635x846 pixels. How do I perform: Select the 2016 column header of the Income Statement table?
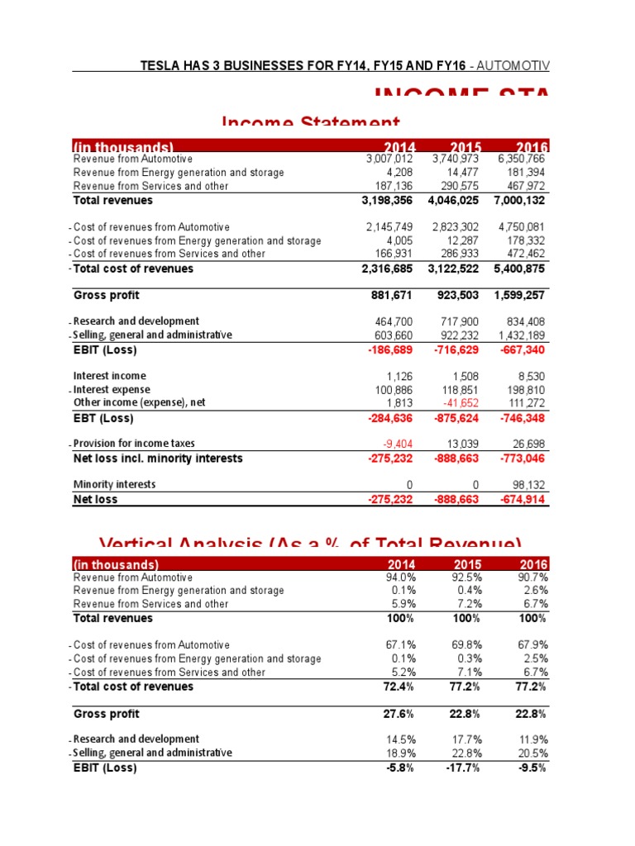532,147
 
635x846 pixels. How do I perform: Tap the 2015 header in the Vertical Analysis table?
469,564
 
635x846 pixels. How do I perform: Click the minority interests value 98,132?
529,485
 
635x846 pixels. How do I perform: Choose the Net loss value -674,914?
521,499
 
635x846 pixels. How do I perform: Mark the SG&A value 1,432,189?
521,335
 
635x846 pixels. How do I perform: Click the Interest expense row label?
112,389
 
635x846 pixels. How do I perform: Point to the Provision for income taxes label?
134,444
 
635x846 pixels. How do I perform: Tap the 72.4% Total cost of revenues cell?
399,687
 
